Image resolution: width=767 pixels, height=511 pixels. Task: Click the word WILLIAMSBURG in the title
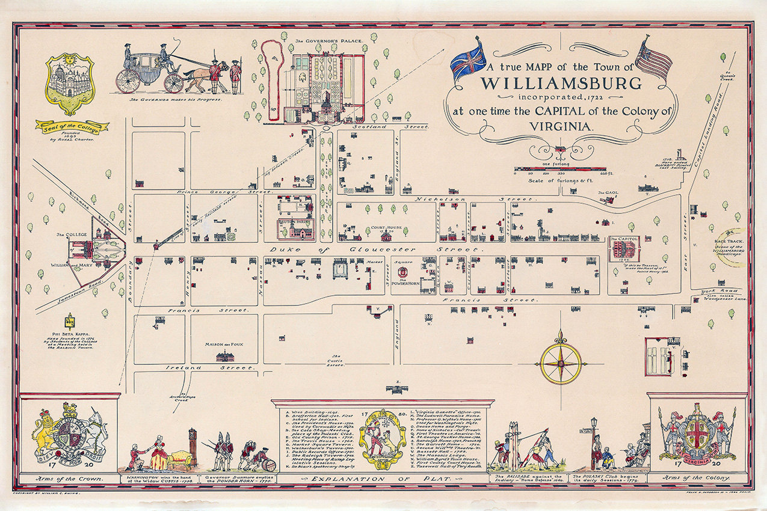(556, 82)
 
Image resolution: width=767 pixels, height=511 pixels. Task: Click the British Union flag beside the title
(470, 59)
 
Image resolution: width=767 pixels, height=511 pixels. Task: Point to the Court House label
(386, 228)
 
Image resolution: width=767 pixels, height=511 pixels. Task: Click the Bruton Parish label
(295, 222)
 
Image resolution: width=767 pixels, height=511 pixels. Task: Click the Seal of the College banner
(72, 126)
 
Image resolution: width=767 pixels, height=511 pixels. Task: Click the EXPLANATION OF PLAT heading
(383, 479)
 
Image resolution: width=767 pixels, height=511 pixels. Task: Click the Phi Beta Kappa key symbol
(70, 320)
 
